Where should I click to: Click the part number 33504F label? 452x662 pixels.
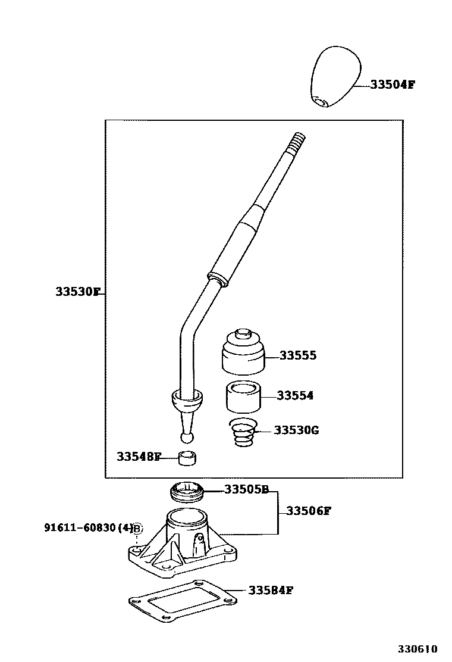pos(392,85)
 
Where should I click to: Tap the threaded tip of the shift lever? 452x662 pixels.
pos(298,143)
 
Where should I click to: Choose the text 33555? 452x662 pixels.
pos(298,356)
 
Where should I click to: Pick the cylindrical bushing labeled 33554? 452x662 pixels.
pos(243,397)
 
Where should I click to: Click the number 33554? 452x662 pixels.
pos(295,396)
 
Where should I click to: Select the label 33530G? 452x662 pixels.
pos(296,430)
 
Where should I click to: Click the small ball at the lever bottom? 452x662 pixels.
pos(187,438)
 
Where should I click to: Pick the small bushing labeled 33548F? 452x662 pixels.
pos(187,458)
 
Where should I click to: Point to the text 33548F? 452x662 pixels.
pos(139,457)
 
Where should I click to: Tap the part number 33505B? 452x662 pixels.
pos(246,490)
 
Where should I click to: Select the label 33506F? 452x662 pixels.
pos(308,511)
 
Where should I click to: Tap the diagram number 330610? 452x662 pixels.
pos(418,648)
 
